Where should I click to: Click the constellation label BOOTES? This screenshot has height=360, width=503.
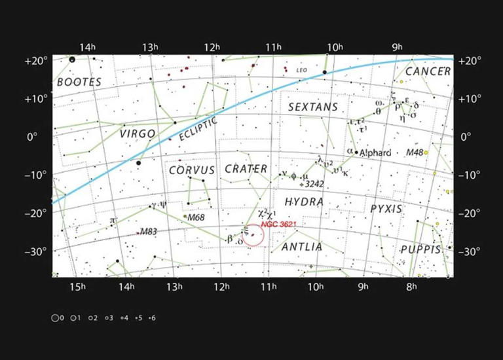pos(79,82)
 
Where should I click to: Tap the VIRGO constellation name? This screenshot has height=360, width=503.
pos(138,134)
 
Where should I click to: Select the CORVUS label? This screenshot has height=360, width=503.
pos(193,170)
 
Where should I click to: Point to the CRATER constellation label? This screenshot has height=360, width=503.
pos(246,169)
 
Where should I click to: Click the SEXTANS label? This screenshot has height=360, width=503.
pos(313,107)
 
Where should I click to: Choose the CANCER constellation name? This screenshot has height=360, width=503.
pos(428,71)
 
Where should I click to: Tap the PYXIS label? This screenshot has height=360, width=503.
pos(386,209)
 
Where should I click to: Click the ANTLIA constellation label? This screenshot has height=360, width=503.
pos(302,247)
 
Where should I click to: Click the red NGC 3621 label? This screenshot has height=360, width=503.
pos(279,225)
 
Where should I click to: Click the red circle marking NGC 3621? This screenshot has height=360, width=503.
pos(253,235)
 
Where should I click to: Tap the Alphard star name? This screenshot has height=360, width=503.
pos(375,153)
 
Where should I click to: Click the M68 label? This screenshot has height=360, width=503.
pos(196,217)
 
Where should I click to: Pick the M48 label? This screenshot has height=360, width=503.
pos(414,153)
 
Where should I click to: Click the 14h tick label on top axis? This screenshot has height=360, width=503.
pos(87,47)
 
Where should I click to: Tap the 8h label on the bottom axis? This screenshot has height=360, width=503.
pos(411,286)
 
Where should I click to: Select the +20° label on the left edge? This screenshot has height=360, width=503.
pos(37,61)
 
